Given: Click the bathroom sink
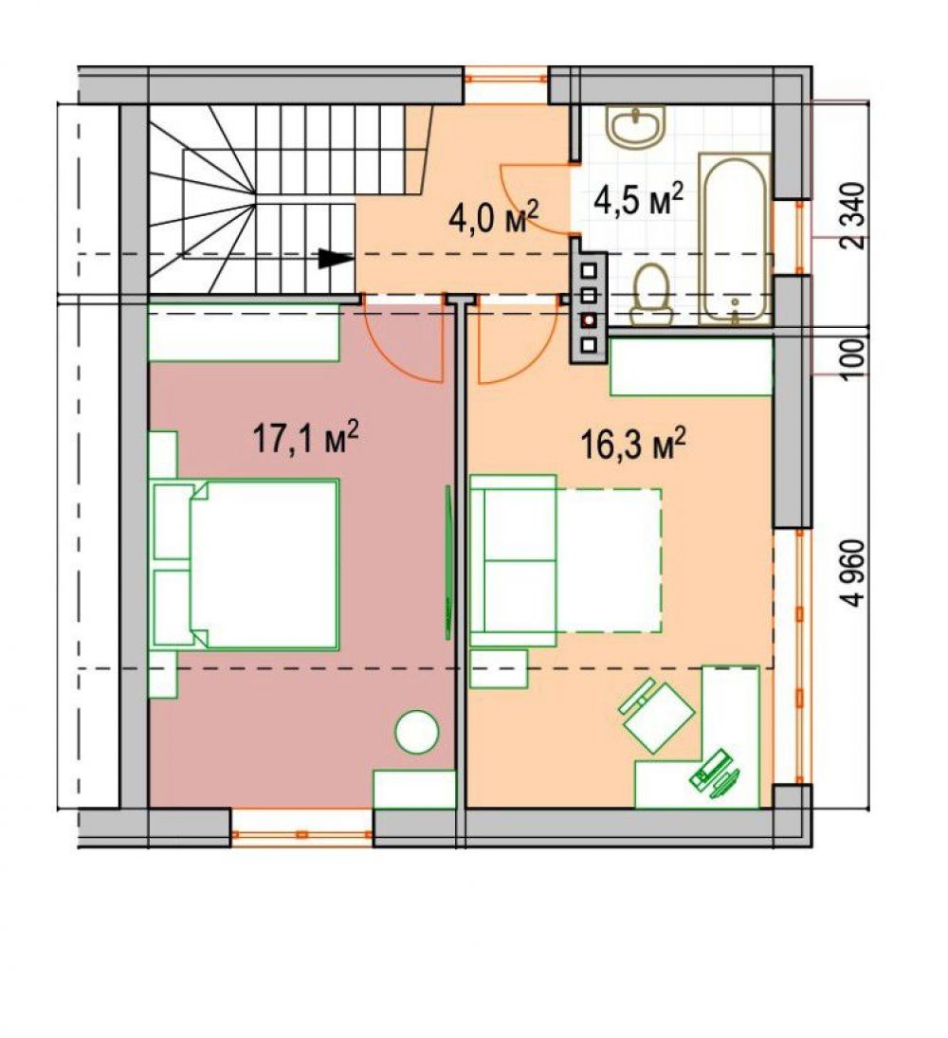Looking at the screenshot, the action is click(x=635, y=126).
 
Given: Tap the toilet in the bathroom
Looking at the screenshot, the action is click(x=650, y=295).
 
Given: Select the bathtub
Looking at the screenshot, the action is click(x=736, y=240).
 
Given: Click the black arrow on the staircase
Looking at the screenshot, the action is click(x=336, y=258).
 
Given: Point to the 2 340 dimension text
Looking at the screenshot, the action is click(x=854, y=216).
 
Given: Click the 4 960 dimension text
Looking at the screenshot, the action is click(x=854, y=574).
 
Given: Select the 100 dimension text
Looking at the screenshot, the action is click(x=854, y=358).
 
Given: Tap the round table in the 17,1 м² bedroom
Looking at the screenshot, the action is click(x=416, y=732).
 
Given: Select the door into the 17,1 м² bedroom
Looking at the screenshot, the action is click(x=404, y=344).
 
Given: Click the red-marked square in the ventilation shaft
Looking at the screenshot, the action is click(x=589, y=320).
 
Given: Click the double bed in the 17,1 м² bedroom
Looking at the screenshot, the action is click(x=246, y=564).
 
